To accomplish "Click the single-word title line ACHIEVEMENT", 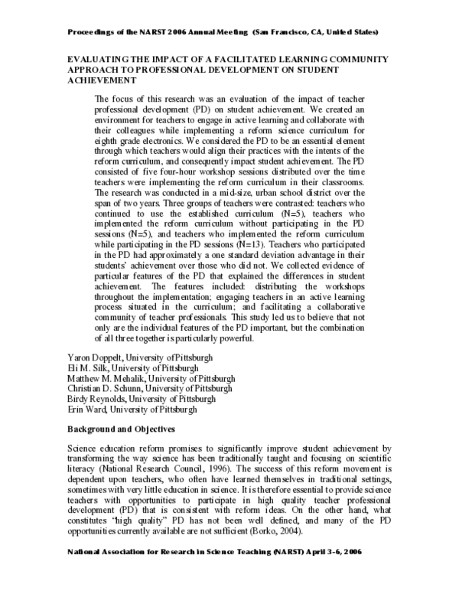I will pos(98,80).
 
